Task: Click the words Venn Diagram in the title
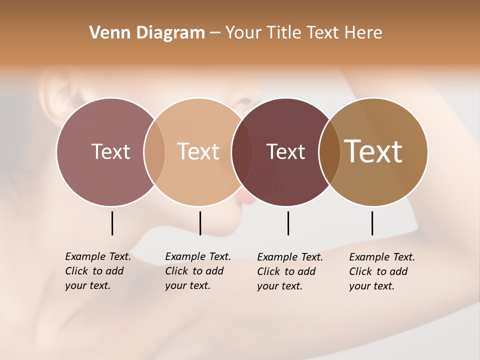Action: pos(147,33)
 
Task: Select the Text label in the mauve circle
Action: pos(110,151)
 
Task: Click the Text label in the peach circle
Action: pos(198,151)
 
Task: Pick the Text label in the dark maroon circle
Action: pos(286,152)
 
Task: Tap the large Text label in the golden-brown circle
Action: pos(373,151)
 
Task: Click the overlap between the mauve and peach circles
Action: pos(154,152)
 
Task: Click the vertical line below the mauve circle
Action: pos(112,223)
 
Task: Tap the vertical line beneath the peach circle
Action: pos(200,223)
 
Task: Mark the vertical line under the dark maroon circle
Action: pos(288,223)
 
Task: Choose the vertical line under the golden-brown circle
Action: pos(372,223)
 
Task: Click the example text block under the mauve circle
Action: pos(97,271)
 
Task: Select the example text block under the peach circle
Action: pos(197,271)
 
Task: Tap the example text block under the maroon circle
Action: pos(289,271)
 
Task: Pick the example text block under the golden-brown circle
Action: pos(381,271)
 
